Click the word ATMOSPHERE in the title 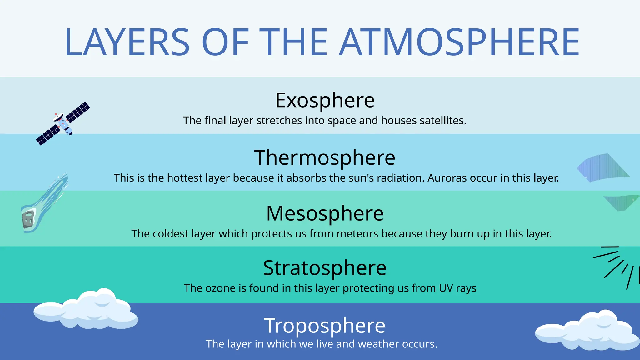click(x=459, y=42)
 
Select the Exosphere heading click(x=325, y=101)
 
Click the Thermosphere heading click(x=325, y=158)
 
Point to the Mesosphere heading click(x=325, y=214)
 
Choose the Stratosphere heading click(x=325, y=268)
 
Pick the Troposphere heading click(x=325, y=326)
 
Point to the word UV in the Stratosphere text click(x=446, y=288)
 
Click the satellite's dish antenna click(x=58, y=117)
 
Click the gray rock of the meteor click(x=28, y=219)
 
